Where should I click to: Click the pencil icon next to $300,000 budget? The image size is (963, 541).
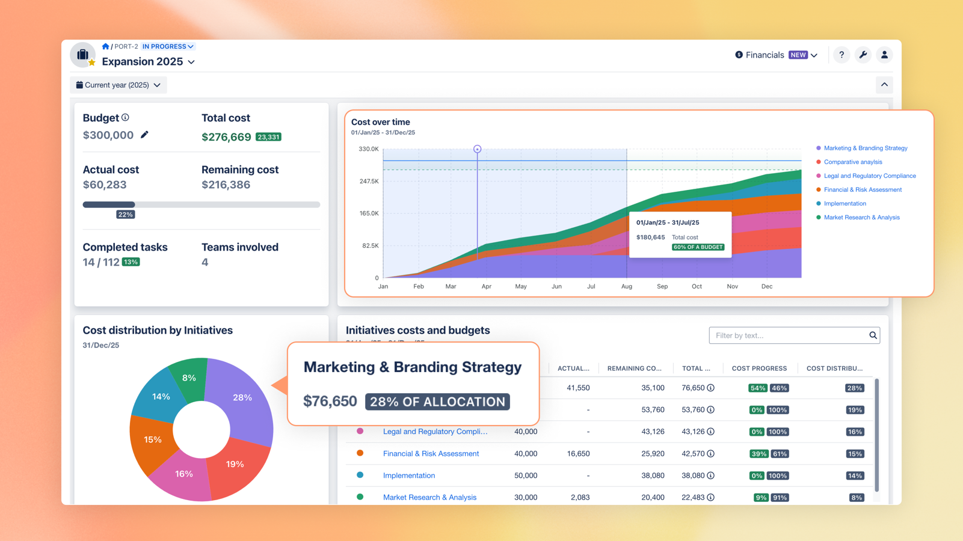click(x=144, y=135)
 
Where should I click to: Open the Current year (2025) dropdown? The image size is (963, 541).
click(x=118, y=85)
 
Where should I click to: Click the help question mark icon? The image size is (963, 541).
click(x=841, y=55)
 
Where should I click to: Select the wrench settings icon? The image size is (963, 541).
click(x=863, y=55)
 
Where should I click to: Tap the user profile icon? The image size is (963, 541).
click(x=884, y=55)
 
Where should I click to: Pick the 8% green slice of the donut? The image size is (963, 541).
click(x=189, y=378)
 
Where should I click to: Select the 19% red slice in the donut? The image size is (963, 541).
click(x=235, y=464)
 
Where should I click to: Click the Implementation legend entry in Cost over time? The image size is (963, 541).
click(x=845, y=204)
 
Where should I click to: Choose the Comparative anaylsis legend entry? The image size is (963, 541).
click(x=852, y=162)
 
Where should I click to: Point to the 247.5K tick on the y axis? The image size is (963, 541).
click(x=369, y=181)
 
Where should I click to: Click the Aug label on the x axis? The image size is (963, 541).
click(x=627, y=287)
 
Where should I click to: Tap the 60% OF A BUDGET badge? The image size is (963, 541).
click(x=698, y=247)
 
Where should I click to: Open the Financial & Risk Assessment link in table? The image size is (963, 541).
click(x=431, y=454)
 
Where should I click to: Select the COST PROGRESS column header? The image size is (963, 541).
click(x=759, y=368)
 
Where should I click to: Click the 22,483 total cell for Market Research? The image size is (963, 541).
click(x=693, y=498)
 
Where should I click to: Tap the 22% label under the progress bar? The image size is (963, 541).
click(x=125, y=215)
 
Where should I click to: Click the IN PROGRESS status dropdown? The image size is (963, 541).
click(x=168, y=46)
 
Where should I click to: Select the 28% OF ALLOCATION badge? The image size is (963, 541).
click(x=437, y=402)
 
